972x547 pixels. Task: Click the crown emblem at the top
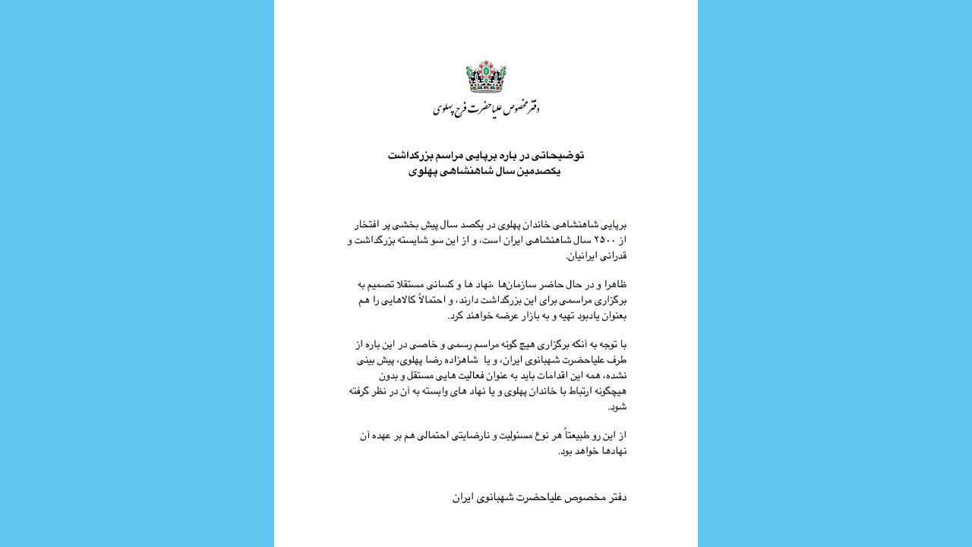coord(486,77)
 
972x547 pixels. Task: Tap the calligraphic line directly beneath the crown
coord(486,109)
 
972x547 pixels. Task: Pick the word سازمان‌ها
coord(517,285)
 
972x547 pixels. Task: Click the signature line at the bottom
coord(539,498)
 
